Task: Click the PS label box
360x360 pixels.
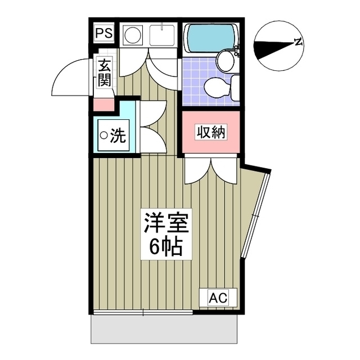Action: (x=103, y=33)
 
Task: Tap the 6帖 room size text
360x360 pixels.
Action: (x=165, y=246)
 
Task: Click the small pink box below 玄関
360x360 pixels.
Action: (x=104, y=105)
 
